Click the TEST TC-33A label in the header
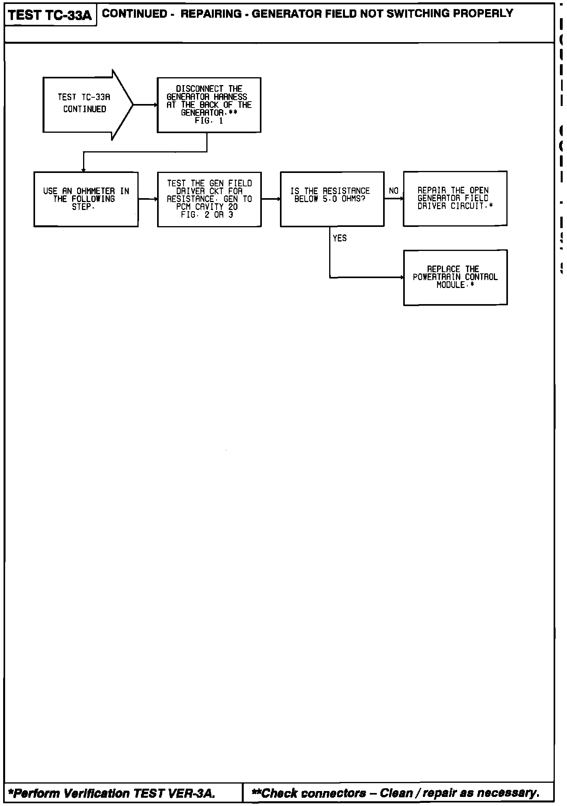pyautogui.click(x=50, y=15)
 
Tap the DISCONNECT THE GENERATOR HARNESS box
pyautogui.click(x=209, y=105)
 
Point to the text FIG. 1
pyautogui.click(x=209, y=121)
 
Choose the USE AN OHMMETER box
pyautogui.click(x=86, y=199)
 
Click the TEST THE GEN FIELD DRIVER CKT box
pyautogui.click(x=209, y=199)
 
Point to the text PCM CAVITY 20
pyautogui.click(x=207, y=207)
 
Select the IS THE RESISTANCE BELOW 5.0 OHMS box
pyautogui.click(x=332, y=199)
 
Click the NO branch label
pyautogui.click(x=393, y=191)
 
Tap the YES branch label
pyautogui.click(x=339, y=238)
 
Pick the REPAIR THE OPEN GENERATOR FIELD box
pyautogui.click(x=455, y=199)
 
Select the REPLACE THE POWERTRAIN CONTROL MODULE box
pyautogui.click(x=455, y=277)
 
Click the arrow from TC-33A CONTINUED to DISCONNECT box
pyautogui.click(x=145, y=105)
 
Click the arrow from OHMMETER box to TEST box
pyautogui.click(x=148, y=199)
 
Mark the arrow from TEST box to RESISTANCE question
pyautogui.click(x=271, y=199)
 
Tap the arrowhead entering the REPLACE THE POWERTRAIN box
pyautogui.click(x=402, y=278)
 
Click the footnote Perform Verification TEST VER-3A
pyautogui.click(x=112, y=793)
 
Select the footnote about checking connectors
pyautogui.click(x=395, y=793)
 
